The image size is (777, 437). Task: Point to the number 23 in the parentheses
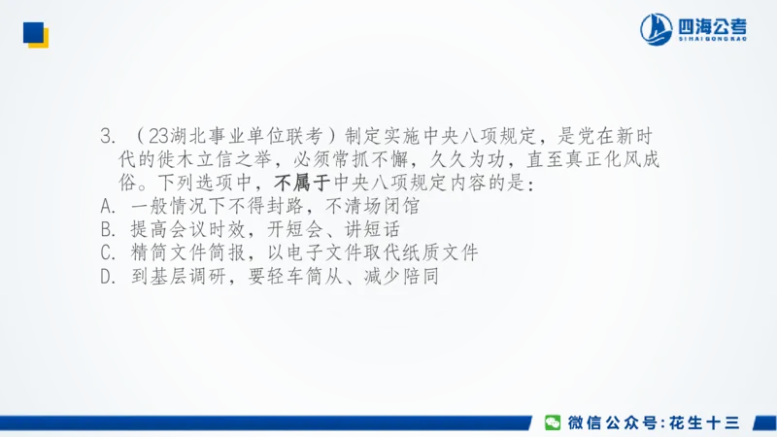tap(163, 135)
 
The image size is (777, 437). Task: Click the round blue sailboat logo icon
tap(656, 29)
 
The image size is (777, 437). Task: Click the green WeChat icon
tap(553, 422)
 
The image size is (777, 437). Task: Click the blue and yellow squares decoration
tap(36, 34)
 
